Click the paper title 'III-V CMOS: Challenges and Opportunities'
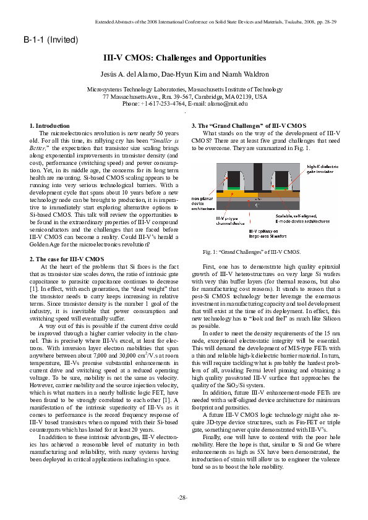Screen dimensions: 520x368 184,58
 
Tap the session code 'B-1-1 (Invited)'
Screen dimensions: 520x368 51,40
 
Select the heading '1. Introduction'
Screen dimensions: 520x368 50,126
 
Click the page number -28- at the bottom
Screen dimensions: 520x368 183,497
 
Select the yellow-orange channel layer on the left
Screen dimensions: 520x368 235,195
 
